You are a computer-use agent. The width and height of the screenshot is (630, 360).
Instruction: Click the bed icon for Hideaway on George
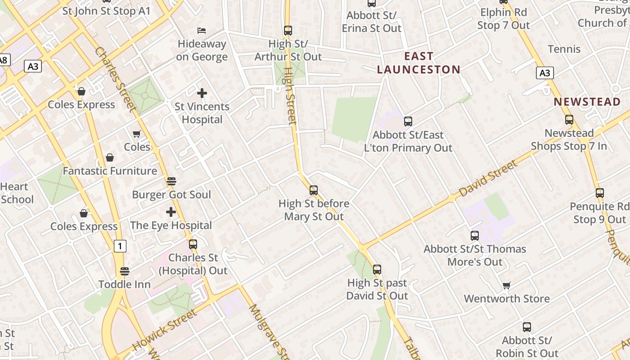pyautogui.click(x=202, y=31)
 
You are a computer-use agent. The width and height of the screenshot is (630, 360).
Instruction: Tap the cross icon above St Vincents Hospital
pyautogui.click(x=202, y=93)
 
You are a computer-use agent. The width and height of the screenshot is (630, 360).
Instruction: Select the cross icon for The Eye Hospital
pyautogui.click(x=171, y=212)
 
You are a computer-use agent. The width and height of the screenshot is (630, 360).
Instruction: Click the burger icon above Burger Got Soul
pyautogui.click(x=171, y=181)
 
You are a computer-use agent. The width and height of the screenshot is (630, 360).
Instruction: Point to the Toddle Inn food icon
pyautogui.click(x=125, y=271)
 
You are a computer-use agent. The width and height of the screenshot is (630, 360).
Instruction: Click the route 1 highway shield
pyautogui.click(x=120, y=246)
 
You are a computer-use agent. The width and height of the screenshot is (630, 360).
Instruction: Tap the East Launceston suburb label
pyautogui.click(x=418, y=63)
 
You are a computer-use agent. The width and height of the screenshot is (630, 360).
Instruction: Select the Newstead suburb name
pyautogui.click(x=587, y=102)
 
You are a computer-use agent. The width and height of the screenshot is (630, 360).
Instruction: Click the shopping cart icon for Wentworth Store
pyautogui.click(x=507, y=285)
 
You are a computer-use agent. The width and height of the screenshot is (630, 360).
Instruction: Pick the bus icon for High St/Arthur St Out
pyautogui.click(x=288, y=31)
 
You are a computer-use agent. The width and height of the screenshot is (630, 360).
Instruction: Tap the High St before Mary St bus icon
pyautogui.click(x=314, y=190)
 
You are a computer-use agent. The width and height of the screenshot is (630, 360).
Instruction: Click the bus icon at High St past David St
pyautogui.click(x=377, y=270)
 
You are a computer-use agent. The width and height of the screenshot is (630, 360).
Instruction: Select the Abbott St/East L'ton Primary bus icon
pyautogui.click(x=408, y=121)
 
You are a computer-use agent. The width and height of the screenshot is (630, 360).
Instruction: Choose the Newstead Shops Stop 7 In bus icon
pyautogui.click(x=569, y=120)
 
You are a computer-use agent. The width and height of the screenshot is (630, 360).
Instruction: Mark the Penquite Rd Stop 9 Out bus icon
pyautogui.click(x=600, y=193)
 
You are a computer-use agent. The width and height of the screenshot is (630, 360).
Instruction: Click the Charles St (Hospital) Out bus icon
pyautogui.click(x=193, y=244)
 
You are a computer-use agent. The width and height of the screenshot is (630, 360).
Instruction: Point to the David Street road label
pyautogui.click(x=488, y=179)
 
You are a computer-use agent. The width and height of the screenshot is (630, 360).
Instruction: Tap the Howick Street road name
pyautogui.click(x=164, y=330)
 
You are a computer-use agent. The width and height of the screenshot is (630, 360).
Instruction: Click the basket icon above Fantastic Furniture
pyautogui.click(x=110, y=157)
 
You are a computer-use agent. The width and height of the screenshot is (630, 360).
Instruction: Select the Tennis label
pyautogui.click(x=564, y=49)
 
